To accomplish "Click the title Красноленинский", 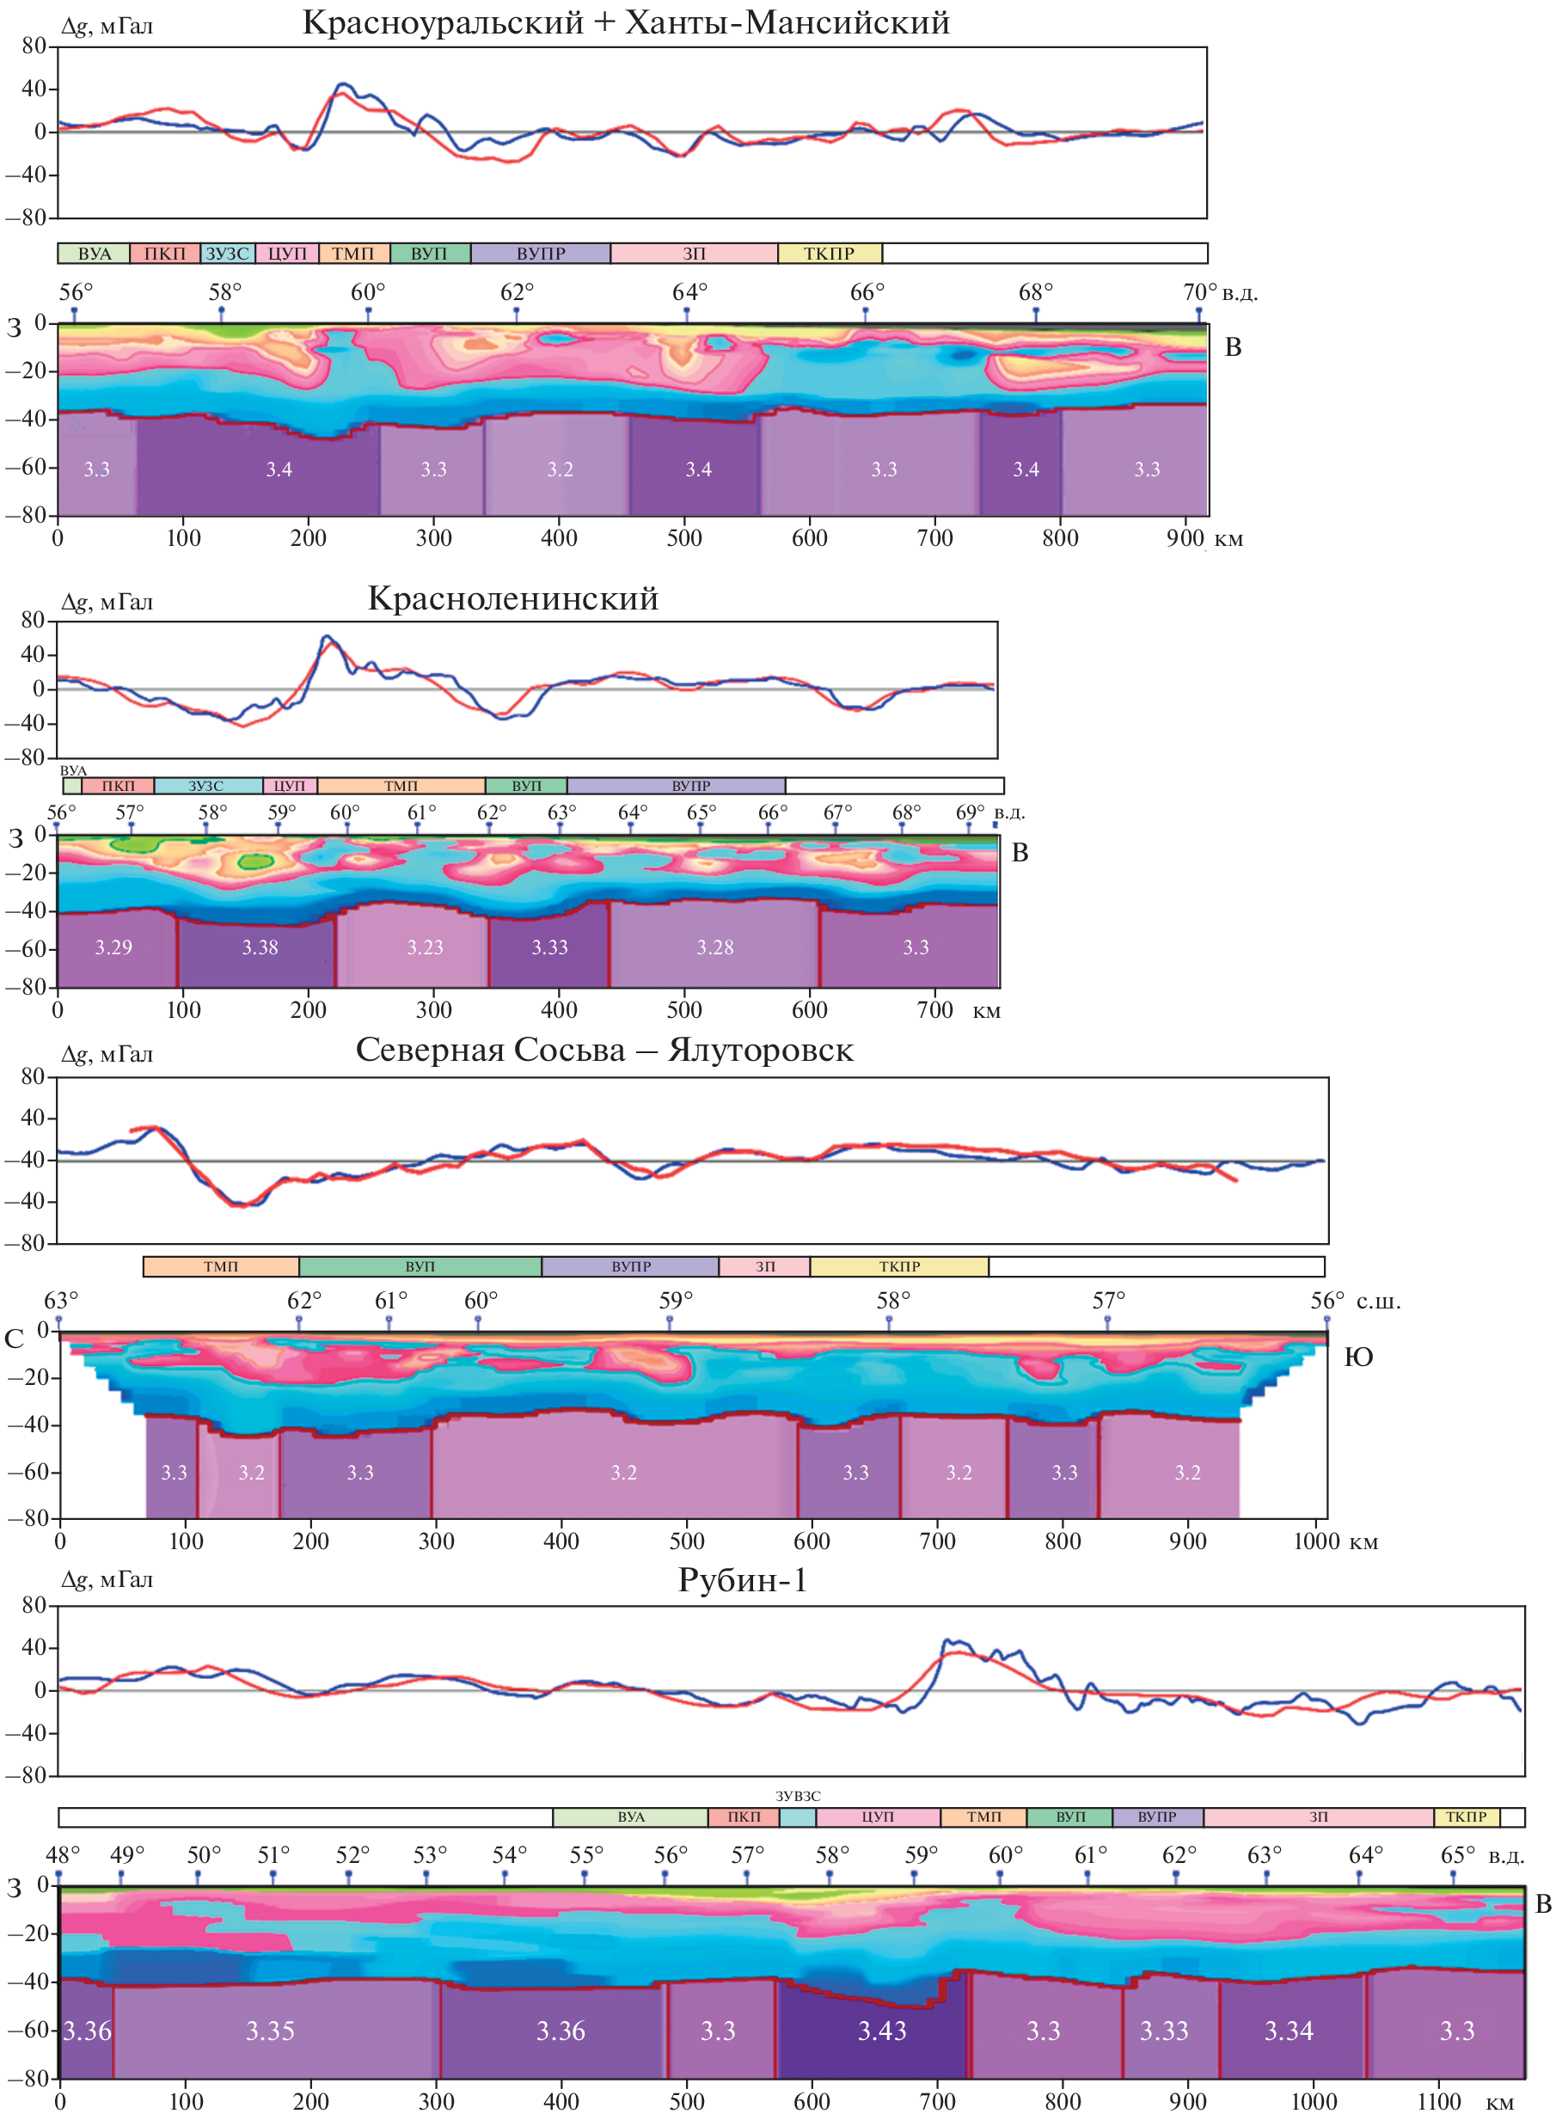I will [512, 598].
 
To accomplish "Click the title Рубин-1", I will [742, 1579].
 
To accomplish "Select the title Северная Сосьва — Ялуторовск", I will [603, 1049].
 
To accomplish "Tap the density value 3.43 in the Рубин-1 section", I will [882, 2031].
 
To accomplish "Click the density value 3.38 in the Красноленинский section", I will [260, 947].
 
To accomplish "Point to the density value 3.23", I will [425, 947].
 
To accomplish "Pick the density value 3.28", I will [715, 947].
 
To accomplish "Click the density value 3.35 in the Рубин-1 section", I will [270, 2031].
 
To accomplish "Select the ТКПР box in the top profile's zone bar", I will [829, 254].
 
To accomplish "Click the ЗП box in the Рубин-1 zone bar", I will [1318, 1817].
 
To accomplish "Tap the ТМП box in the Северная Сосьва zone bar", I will [221, 1266].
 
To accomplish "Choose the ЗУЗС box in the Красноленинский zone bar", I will [206, 786].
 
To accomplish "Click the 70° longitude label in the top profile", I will [1199, 292].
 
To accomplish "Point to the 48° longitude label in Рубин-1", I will [63, 1854].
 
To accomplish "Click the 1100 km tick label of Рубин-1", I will [1438, 2101].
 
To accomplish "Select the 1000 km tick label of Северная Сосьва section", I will [1315, 1541].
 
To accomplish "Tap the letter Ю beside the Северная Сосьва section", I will [1357, 1357].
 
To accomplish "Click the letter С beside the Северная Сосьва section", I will [14, 1339].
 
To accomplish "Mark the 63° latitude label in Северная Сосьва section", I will [61, 1301].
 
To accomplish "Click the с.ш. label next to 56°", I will [1378, 1302].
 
